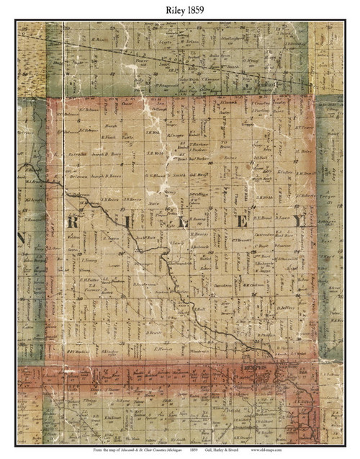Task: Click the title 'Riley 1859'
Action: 179,9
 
